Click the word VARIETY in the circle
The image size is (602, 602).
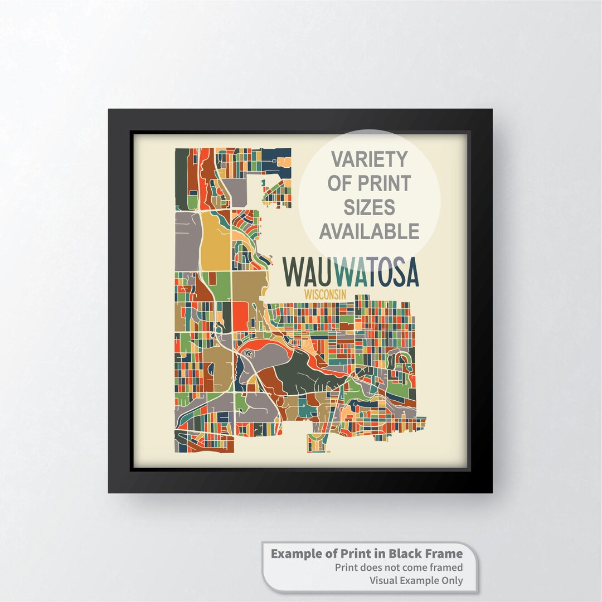[369, 159]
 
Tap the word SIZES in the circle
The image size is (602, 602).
[369, 207]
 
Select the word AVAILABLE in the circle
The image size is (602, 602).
[369, 230]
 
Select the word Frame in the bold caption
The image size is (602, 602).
[444, 554]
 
